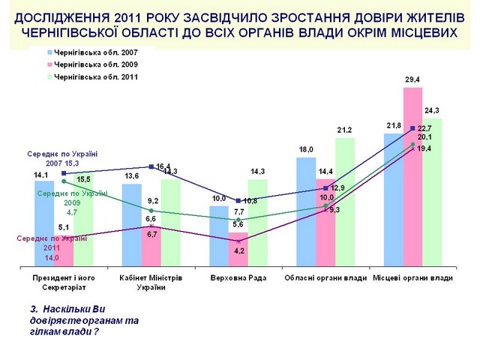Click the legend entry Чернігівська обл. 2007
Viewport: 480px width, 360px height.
click(x=90, y=53)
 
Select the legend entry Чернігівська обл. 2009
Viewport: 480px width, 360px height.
click(x=90, y=65)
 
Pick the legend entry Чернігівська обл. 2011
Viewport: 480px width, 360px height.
click(x=90, y=76)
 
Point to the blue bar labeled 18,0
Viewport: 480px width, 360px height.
click(x=306, y=210)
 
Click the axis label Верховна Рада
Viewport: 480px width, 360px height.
click(x=238, y=278)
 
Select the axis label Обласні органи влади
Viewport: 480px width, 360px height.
click(x=325, y=278)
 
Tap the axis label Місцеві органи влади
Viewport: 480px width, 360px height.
click(x=413, y=278)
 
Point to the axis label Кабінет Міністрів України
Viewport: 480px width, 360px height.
click(x=151, y=283)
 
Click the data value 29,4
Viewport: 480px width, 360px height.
click(x=413, y=79)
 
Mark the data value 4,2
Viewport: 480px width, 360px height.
click(x=240, y=250)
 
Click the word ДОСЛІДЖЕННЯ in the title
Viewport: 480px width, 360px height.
click(x=58, y=18)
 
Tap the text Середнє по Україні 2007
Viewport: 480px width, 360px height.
click(x=62, y=158)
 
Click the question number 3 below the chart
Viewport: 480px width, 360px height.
click(x=33, y=308)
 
